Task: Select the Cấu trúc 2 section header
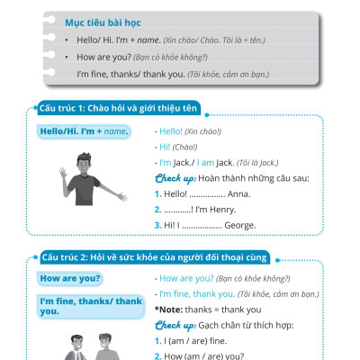(156, 258)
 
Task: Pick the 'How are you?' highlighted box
(68, 278)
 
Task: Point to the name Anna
(244, 193)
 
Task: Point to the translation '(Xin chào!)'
(203, 131)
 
